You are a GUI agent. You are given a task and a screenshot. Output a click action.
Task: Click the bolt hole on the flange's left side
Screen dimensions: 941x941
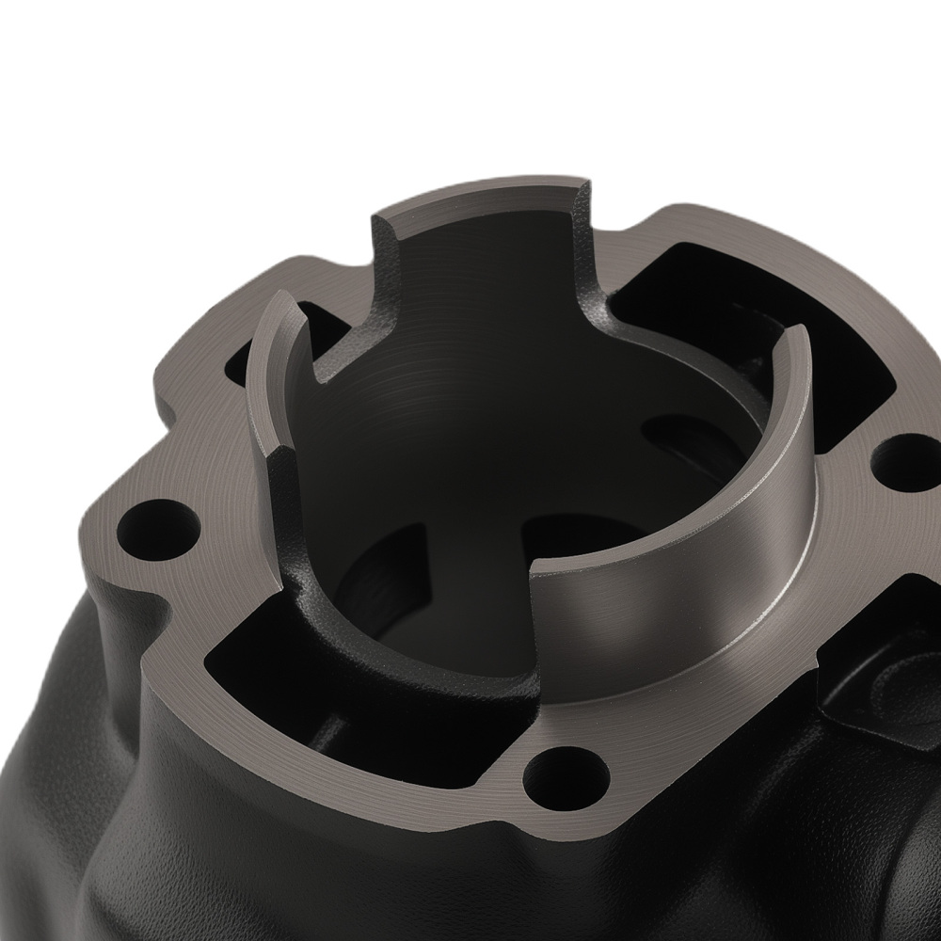tap(152, 523)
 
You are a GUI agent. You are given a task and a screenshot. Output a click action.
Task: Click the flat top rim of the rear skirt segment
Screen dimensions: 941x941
tap(480, 198)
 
